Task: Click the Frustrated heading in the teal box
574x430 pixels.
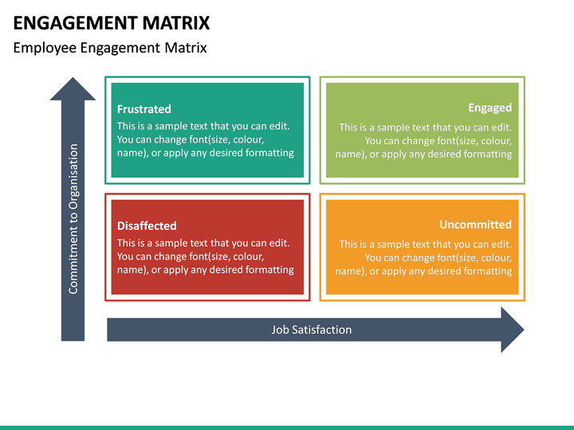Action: point(143,109)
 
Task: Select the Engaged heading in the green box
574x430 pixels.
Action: point(489,107)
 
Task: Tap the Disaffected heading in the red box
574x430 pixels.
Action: point(147,225)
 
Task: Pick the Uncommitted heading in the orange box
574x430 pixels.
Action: point(475,225)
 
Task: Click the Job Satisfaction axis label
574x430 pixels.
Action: point(311,330)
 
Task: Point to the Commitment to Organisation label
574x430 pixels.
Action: point(73,219)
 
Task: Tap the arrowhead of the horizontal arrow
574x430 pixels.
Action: point(512,330)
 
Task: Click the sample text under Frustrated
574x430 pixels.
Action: point(205,139)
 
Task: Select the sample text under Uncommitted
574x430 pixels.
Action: point(424,258)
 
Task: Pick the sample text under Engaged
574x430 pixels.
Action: point(424,140)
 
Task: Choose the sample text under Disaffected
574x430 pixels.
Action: point(205,256)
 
